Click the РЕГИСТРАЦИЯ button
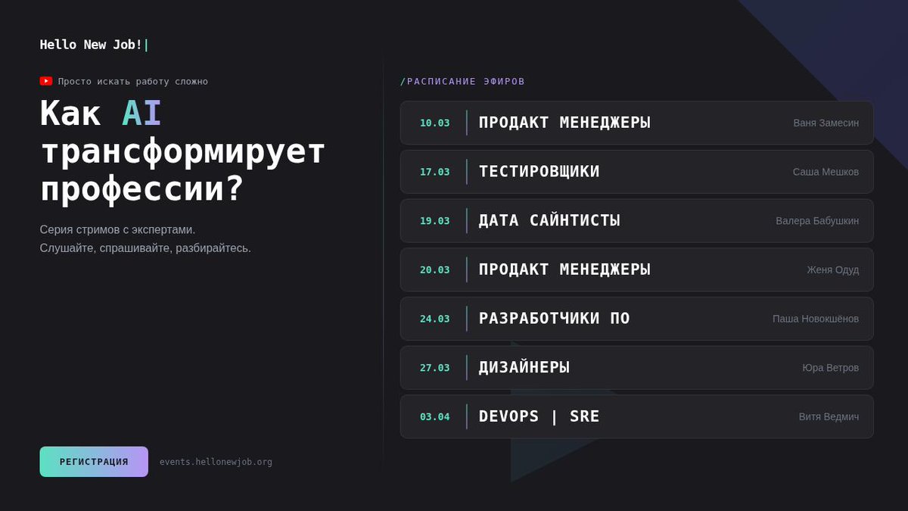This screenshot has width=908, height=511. click(94, 462)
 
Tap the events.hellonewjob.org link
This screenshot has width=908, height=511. click(216, 462)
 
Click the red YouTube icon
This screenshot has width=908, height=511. click(46, 81)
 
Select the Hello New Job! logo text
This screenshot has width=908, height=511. click(91, 45)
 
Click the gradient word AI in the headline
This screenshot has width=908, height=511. click(141, 114)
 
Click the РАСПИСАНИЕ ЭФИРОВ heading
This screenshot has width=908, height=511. click(462, 81)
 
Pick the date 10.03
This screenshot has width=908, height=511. click(434, 123)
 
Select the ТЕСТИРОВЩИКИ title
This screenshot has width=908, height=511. click(539, 172)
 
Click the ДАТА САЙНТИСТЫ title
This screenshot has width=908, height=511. click(549, 220)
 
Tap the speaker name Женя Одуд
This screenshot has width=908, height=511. click(832, 270)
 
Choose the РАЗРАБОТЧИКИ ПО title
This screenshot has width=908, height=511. click(554, 319)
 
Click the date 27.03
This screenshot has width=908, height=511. click(434, 368)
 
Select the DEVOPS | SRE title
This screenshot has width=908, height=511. click(539, 416)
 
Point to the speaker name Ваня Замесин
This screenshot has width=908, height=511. click(826, 123)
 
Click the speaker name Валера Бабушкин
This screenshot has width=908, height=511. click(817, 221)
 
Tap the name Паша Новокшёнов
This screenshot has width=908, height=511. click(815, 319)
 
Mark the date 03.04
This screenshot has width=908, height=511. click(434, 417)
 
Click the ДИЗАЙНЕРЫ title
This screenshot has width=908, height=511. click(524, 368)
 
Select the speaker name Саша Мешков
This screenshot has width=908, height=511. click(826, 172)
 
